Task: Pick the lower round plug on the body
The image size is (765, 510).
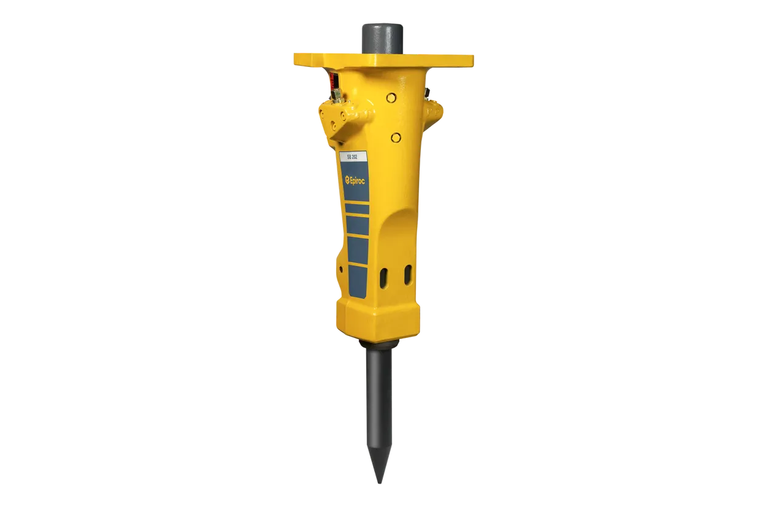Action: point(396,138)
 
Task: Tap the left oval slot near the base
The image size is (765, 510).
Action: point(384,278)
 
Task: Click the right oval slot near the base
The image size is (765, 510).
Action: point(408,275)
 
